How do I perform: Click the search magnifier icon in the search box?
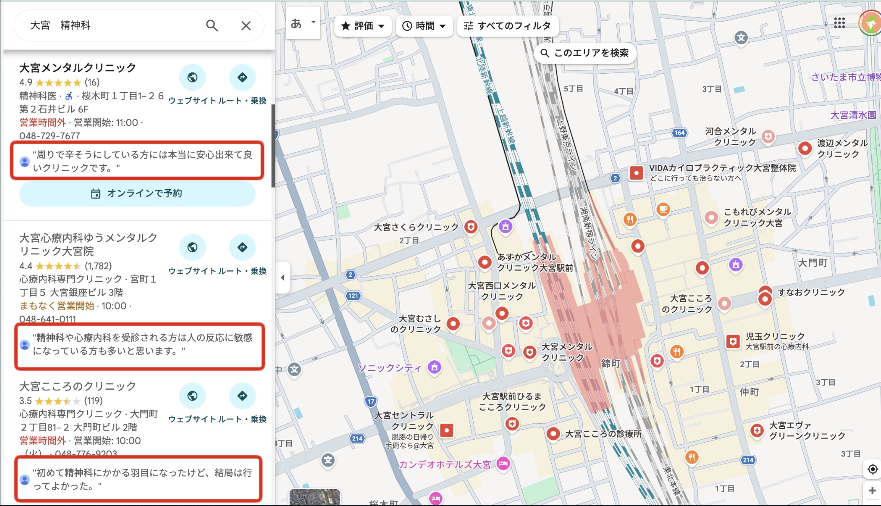pos(212,26)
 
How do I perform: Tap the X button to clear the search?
pos(246,26)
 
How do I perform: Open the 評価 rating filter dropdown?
pos(363,26)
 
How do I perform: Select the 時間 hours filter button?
pos(424,26)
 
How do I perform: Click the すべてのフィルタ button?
pos(508,26)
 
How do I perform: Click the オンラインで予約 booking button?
pos(137,194)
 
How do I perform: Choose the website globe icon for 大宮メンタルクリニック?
pos(192,78)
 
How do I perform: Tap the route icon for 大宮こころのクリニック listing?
pos(242,396)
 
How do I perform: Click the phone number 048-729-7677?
pos(50,136)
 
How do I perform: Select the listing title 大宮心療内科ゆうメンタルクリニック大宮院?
pos(88,244)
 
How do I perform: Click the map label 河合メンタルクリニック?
pos(731,137)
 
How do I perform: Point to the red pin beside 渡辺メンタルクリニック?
pos(805,148)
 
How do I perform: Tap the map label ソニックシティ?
pos(389,368)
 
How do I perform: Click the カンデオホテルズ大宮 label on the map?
pos(444,464)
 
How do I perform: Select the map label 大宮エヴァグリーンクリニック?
pos(807,431)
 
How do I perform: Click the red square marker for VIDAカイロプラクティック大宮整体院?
pos(636,173)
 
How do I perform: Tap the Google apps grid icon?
pos(839,23)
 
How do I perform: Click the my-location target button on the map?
pos(872,469)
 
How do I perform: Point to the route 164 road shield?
pos(679,133)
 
